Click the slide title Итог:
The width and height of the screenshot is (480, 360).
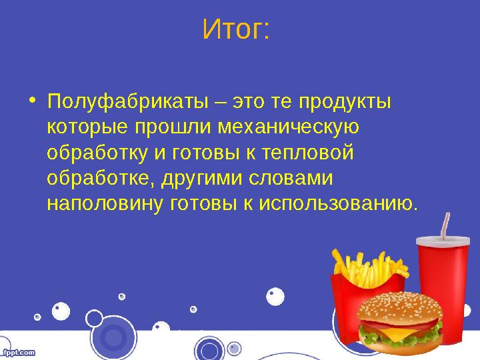click(236, 30)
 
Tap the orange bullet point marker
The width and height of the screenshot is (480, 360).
click(33, 102)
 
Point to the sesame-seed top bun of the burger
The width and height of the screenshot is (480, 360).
click(399, 307)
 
